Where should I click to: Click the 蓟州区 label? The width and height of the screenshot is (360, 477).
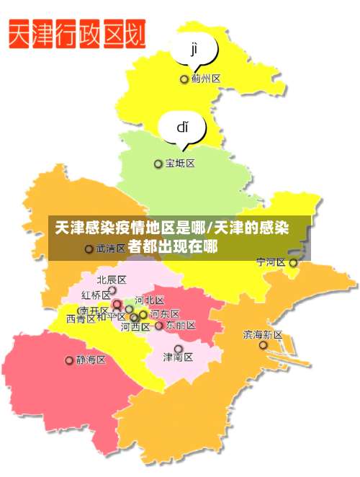206,79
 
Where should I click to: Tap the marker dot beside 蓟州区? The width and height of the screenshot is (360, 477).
184,79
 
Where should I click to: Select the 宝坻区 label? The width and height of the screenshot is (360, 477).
180,164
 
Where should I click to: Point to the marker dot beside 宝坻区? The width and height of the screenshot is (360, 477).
158,164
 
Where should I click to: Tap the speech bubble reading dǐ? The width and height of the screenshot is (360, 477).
183,129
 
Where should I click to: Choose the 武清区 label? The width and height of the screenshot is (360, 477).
110,249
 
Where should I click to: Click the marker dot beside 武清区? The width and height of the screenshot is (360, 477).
89,249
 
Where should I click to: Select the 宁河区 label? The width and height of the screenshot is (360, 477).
271,262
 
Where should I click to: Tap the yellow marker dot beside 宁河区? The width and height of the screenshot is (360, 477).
293,263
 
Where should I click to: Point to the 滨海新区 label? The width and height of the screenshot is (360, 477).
263,334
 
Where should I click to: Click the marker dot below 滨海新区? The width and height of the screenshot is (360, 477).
264,346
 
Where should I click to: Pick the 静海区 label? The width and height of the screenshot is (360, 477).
91,360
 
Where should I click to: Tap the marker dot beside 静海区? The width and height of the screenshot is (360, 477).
70,360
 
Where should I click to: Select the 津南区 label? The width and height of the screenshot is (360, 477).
178,357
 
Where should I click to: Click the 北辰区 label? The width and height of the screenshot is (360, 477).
112,280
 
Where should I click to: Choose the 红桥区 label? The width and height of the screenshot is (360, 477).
96,295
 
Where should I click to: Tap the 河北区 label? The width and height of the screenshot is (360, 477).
150,300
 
